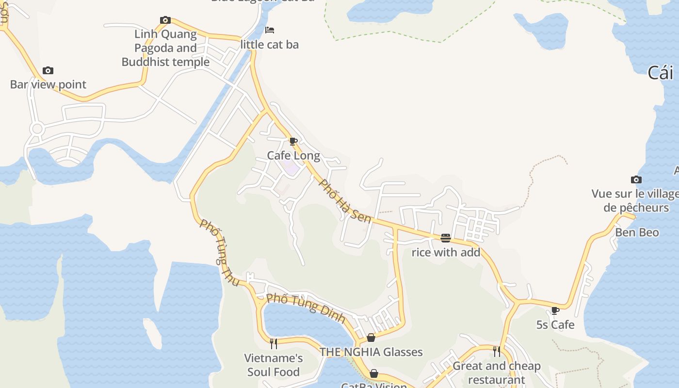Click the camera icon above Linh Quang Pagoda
coord(165,20)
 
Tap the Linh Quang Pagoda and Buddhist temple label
coord(165,48)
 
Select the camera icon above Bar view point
coord(48,71)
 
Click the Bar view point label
coord(48,84)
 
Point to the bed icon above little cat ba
coord(270,30)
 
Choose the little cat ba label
coord(270,45)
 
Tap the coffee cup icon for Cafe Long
coord(293,141)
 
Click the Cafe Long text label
coord(293,156)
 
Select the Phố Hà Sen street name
coord(345,202)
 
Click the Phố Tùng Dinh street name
coord(306,308)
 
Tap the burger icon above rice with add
coord(446,238)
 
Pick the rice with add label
coord(446,252)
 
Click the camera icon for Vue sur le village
coord(636,180)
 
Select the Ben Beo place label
coord(637,232)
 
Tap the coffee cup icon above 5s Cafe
coord(555,310)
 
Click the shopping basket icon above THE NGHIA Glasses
coord(371,338)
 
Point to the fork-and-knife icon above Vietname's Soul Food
coord(274,343)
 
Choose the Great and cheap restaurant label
coord(496,373)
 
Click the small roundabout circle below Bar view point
coord(37,129)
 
